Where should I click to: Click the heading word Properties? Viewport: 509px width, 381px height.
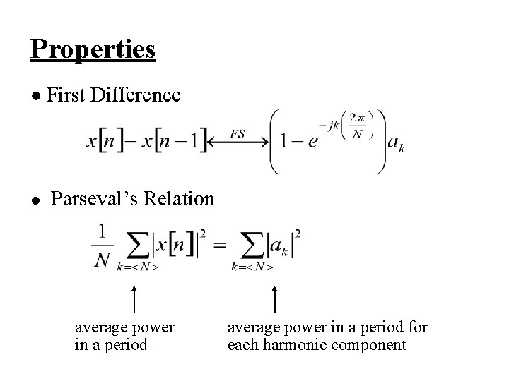point(93,49)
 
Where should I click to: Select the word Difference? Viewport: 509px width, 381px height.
point(136,95)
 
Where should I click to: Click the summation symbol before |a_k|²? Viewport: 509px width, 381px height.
point(252,247)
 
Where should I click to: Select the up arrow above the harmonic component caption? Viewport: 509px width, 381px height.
point(274,298)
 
